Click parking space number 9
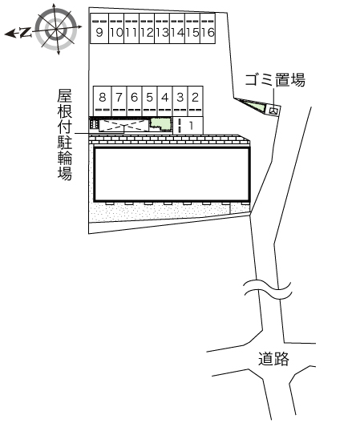(99, 28)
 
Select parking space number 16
(208, 28)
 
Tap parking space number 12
(147, 28)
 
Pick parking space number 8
(102, 101)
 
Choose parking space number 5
(150, 101)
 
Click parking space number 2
(196, 101)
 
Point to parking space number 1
(188, 125)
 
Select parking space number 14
(177, 28)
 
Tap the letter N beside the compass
(25, 33)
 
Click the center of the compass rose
(56, 29)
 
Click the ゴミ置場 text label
(275, 80)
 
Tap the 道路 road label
(273, 359)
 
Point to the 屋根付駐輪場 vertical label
(65, 135)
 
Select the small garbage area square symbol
(273, 110)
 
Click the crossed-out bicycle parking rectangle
(124, 126)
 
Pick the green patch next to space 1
(160, 124)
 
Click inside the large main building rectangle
(172, 175)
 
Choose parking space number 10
(116, 28)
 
